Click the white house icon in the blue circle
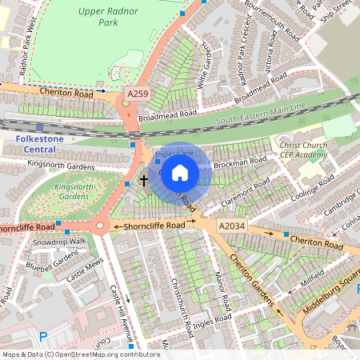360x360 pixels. [x=180, y=172]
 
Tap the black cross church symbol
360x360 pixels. [x=145, y=180]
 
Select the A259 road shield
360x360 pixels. [x=138, y=94]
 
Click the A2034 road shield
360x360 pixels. [x=231, y=227]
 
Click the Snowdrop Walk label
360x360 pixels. [x=60, y=241]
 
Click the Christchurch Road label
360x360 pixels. [x=180, y=306]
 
